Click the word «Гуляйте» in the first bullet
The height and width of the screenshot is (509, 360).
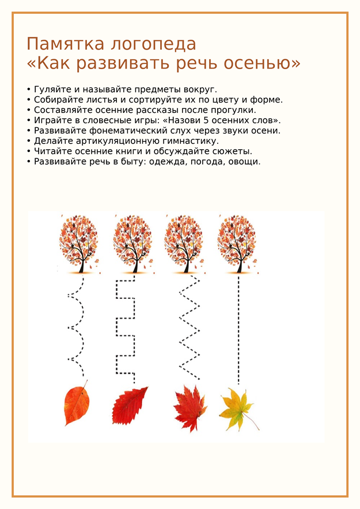(x=50, y=89)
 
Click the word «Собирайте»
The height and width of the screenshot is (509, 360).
(x=54, y=100)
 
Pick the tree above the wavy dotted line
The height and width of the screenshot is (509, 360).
(x=78, y=244)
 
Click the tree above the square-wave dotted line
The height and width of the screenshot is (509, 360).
(x=133, y=244)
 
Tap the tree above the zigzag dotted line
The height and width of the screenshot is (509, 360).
(x=185, y=244)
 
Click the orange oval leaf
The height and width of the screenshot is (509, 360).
(x=76, y=403)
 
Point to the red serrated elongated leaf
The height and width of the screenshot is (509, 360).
(x=129, y=405)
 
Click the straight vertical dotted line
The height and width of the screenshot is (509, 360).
(x=238, y=330)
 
